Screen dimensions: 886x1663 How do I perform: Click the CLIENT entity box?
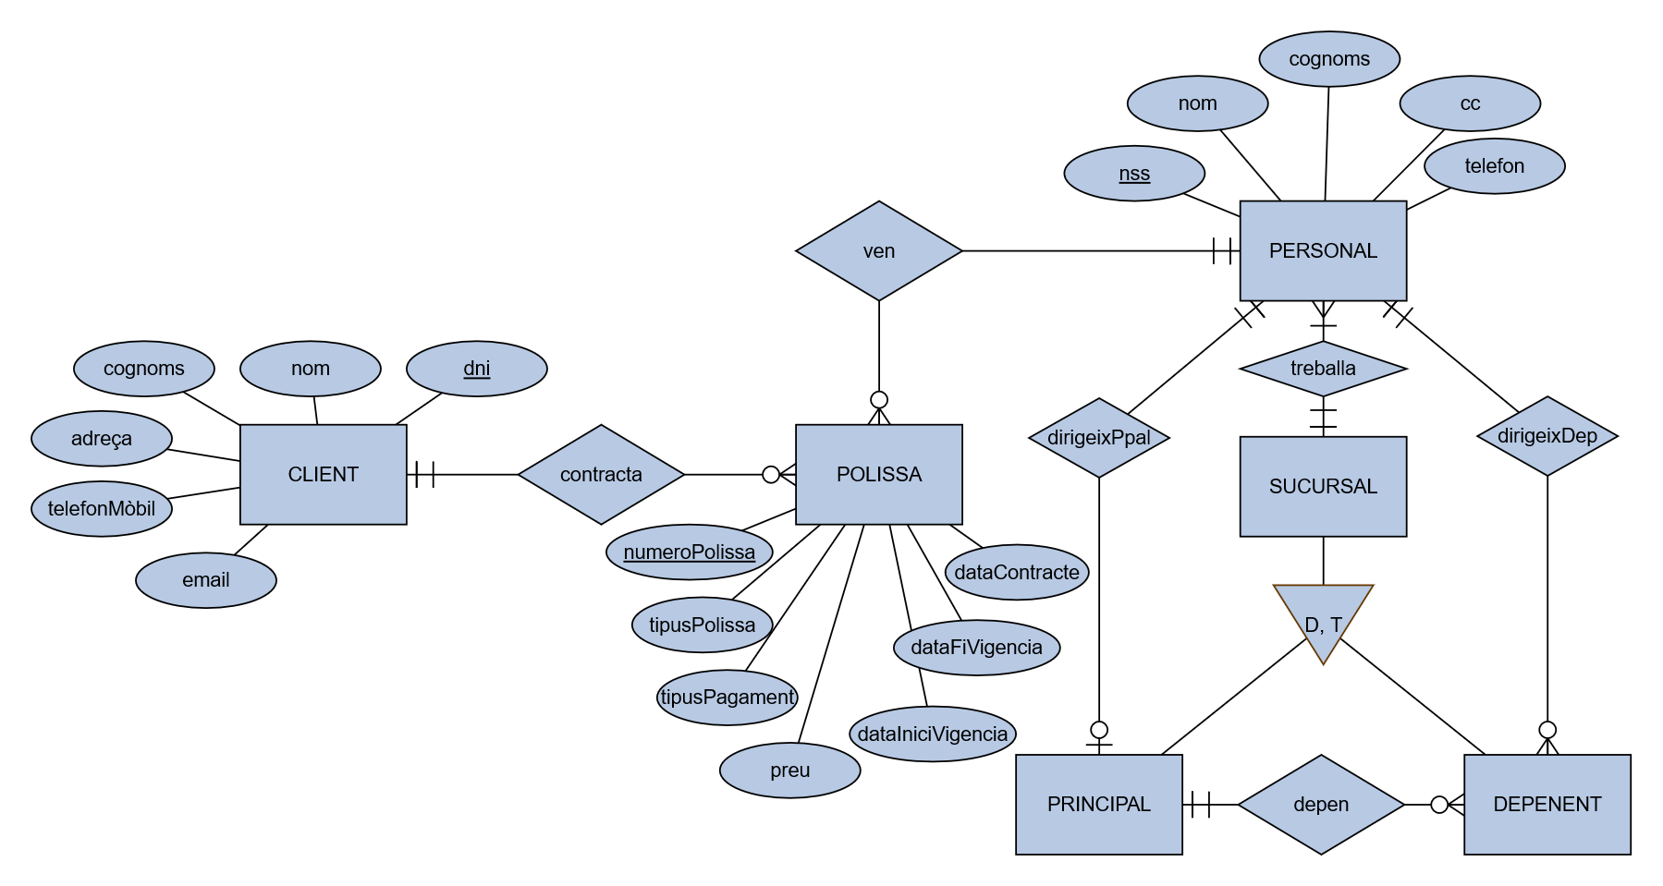click(x=323, y=474)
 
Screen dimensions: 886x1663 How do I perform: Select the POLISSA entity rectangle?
click(x=878, y=474)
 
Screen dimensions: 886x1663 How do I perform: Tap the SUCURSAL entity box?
click(x=1323, y=486)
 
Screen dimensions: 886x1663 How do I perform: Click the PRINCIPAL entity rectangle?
click(x=1098, y=804)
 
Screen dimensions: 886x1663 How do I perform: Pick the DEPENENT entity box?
click(x=1547, y=804)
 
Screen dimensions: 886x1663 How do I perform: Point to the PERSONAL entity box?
click(x=1323, y=250)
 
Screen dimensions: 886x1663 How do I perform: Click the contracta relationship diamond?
click(x=601, y=474)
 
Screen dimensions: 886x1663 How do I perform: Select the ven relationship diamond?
click(x=878, y=250)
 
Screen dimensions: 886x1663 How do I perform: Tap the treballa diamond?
click(x=1323, y=368)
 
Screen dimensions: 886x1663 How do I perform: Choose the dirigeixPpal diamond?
click(x=1098, y=437)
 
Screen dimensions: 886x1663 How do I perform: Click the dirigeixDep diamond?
click(x=1547, y=436)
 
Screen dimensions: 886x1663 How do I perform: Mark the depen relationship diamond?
click(x=1321, y=804)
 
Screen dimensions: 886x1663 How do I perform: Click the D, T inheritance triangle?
click(x=1323, y=617)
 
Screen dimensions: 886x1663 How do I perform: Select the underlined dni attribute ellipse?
click(x=476, y=368)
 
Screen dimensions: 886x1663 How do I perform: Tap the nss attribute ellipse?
click(x=1134, y=173)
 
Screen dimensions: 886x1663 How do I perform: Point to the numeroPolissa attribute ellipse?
click(x=689, y=552)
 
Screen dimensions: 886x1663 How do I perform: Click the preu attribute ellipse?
click(x=789, y=771)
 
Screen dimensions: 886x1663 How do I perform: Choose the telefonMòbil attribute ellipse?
click(x=102, y=508)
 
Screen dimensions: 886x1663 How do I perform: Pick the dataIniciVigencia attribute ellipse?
click(x=932, y=734)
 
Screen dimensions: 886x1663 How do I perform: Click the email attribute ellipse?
click(x=205, y=580)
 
